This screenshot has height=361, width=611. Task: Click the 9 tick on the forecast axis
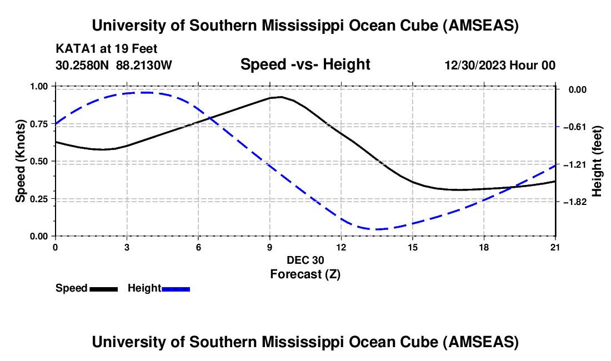tap(269, 247)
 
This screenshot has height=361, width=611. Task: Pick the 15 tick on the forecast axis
tap(413, 247)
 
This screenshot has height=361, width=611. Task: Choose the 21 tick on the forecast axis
tap(555, 247)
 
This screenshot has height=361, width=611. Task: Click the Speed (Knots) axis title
tap(20, 161)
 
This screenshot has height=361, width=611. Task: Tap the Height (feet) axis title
tap(598, 161)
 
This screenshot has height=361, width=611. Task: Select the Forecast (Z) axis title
tap(305, 274)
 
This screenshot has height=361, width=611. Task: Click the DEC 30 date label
tap(305, 260)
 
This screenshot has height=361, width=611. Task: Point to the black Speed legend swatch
tap(103, 288)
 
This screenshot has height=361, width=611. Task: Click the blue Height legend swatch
tap(176, 288)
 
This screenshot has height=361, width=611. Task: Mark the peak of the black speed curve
tap(281, 97)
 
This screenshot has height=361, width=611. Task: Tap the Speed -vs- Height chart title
tap(305, 64)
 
